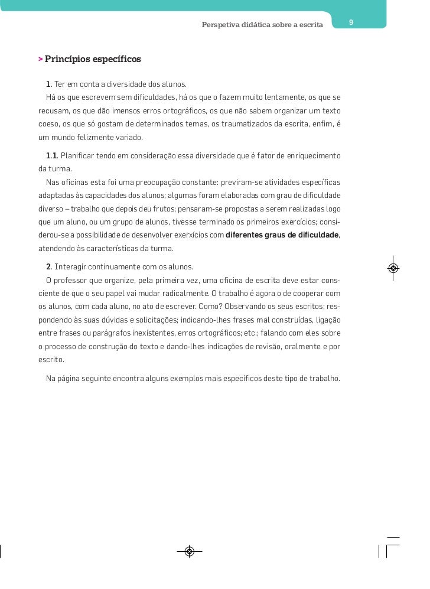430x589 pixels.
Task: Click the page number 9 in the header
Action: point(351,22)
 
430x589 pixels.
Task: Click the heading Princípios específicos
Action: point(93,59)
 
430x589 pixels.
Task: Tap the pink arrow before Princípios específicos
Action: point(40,60)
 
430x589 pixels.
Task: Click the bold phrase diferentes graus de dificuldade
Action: point(282,235)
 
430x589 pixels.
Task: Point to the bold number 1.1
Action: point(51,155)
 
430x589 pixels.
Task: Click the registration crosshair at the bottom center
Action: point(190,552)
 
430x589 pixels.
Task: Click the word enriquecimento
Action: point(314,155)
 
